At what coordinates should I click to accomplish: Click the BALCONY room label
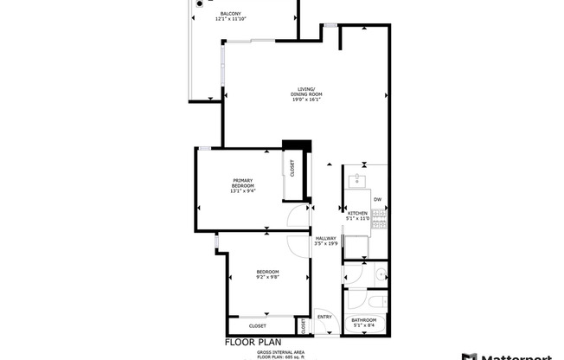click(x=230, y=14)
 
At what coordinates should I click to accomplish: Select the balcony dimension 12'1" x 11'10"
click(x=230, y=20)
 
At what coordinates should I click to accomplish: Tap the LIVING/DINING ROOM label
click(x=306, y=91)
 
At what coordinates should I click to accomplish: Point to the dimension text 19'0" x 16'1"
click(x=306, y=100)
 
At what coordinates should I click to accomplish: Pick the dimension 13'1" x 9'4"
click(x=242, y=191)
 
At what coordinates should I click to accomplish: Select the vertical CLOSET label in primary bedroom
click(x=292, y=168)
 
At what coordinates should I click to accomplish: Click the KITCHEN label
click(x=357, y=212)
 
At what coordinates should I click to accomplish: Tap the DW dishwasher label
click(x=377, y=200)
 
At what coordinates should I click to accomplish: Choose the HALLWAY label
click(x=325, y=238)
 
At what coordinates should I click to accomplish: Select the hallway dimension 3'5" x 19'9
click(x=325, y=244)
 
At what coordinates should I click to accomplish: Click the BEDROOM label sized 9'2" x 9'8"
click(x=266, y=273)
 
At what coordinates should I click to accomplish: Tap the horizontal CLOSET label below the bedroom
click(x=258, y=326)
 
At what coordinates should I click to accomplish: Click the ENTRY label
click(x=324, y=317)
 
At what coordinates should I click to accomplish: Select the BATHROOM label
click(x=363, y=319)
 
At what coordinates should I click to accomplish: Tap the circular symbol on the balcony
click(x=200, y=4)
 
